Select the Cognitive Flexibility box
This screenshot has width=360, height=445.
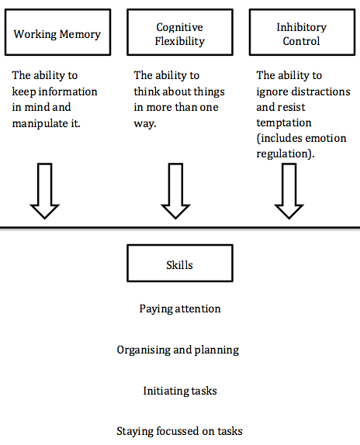[x=179, y=34]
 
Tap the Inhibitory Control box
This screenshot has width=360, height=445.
[x=301, y=34]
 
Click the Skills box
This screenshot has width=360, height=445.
[x=179, y=264]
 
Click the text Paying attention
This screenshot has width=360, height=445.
[x=180, y=309]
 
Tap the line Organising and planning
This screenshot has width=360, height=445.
[x=178, y=350]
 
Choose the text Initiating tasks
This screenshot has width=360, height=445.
[x=179, y=391]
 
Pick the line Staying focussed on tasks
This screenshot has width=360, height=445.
[x=179, y=432]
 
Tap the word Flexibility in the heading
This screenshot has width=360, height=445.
[x=179, y=41]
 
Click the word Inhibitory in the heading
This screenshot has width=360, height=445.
[x=301, y=28]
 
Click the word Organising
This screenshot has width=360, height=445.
[x=142, y=350]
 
